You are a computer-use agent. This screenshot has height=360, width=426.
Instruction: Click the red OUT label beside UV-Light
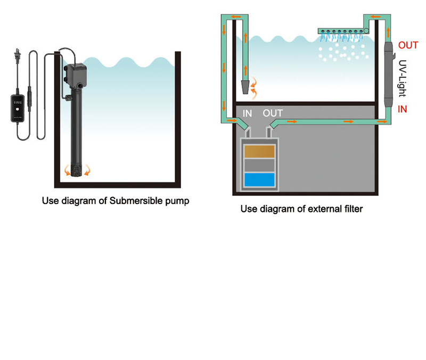click(x=408, y=45)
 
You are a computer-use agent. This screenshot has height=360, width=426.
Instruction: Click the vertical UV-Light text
click(x=403, y=78)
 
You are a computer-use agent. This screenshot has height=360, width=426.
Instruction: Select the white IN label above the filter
click(x=248, y=113)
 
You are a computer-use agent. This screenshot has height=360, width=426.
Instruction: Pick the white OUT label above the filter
click(x=273, y=113)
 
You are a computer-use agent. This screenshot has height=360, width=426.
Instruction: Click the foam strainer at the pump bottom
click(x=78, y=170)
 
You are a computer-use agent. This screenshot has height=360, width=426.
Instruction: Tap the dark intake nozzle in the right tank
click(x=244, y=87)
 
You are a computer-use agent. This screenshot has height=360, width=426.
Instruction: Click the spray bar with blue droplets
click(x=344, y=31)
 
